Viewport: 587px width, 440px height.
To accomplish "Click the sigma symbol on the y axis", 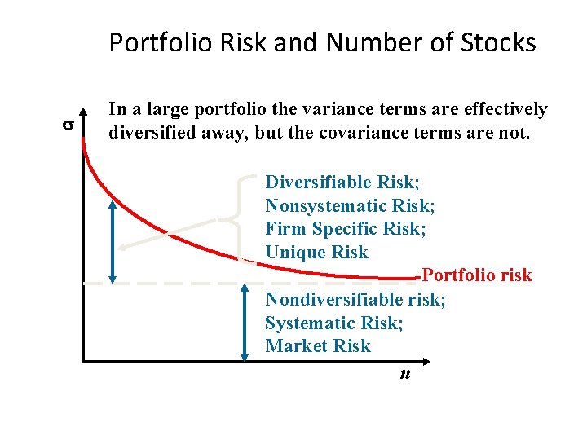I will click(x=68, y=125).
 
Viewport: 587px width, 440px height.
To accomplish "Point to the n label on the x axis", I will click(x=404, y=374).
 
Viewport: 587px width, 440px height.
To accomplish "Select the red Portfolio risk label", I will click(x=477, y=275).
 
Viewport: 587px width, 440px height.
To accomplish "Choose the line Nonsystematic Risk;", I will click(x=350, y=205).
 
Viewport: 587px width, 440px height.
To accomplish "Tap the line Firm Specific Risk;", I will click(x=346, y=228).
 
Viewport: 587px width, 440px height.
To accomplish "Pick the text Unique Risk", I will click(x=317, y=252).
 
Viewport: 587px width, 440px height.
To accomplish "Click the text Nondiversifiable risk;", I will click(x=355, y=300).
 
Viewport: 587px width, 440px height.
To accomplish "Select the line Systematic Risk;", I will click(x=334, y=323).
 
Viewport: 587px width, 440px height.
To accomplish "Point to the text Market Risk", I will click(x=318, y=345).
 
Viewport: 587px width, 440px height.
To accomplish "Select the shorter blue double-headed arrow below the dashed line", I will click(x=245, y=323).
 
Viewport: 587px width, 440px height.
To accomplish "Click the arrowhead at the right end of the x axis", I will click(x=429, y=363).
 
